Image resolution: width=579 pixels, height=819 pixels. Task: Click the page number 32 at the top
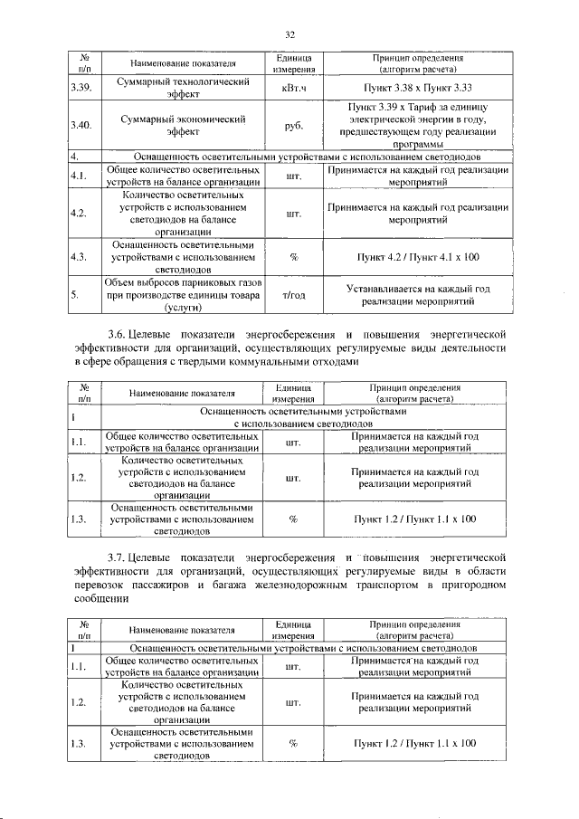tap(290, 34)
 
